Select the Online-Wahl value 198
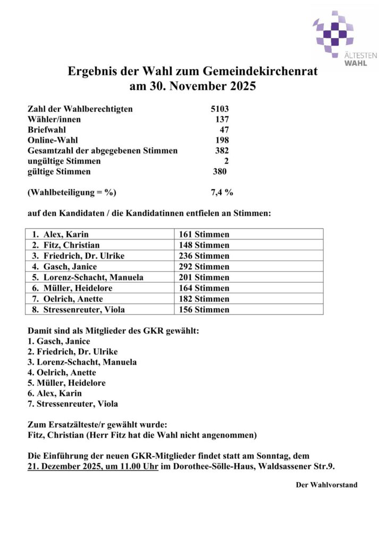[x=221, y=141]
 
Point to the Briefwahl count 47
[x=224, y=130]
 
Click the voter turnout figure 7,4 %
[x=222, y=192]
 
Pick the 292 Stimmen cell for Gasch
[x=205, y=267]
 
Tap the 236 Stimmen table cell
[x=205, y=256]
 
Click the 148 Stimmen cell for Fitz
[x=205, y=245]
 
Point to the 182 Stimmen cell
[x=205, y=299]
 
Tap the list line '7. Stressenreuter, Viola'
[x=72, y=403]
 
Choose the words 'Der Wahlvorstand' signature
[x=327, y=485]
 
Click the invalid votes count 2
[x=226, y=161]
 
